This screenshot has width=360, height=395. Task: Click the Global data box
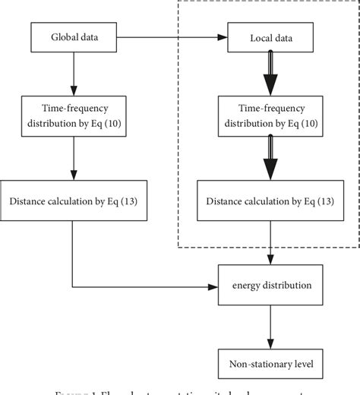click(73, 36)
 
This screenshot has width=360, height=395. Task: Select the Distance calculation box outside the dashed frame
click(73, 201)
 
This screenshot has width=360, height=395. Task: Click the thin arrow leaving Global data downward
click(73, 72)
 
